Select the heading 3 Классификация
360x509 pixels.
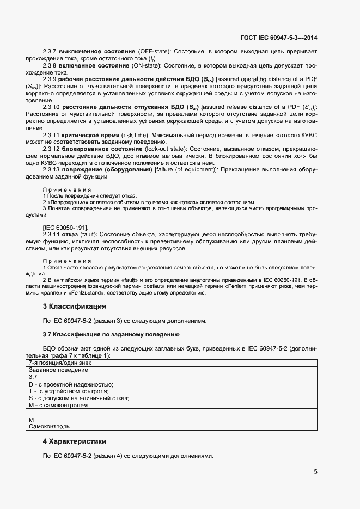click(x=74, y=306)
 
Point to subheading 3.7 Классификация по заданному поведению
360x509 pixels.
click(x=111, y=334)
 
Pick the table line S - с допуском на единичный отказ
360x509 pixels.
click(x=78, y=398)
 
